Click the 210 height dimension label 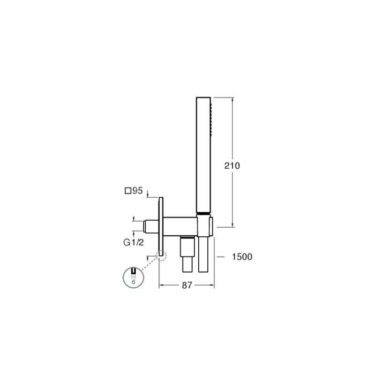coord(232,165)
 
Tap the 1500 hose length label coord(242,256)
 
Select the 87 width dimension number coord(187,285)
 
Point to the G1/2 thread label coord(134,242)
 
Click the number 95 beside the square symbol coord(137,191)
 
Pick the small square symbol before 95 coord(128,191)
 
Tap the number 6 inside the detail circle coord(134,282)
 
